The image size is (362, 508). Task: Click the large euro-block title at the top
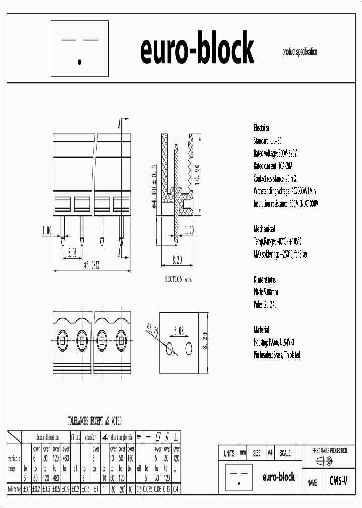point(197,49)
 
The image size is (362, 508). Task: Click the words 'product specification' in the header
point(300,52)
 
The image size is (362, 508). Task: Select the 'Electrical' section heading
point(262,128)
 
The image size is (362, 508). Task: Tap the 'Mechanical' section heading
point(264,229)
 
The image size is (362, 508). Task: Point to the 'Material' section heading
point(261,330)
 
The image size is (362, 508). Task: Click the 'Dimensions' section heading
point(264,280)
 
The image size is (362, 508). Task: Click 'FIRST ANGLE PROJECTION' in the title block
point(330,451)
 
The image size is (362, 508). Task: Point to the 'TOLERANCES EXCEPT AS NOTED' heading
point(94,421)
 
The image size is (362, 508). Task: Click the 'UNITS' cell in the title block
point(229,453)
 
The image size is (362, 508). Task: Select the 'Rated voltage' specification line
point(276,153)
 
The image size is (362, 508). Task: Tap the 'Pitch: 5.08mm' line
point(266,292)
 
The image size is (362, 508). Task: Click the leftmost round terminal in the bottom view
point(63,340)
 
